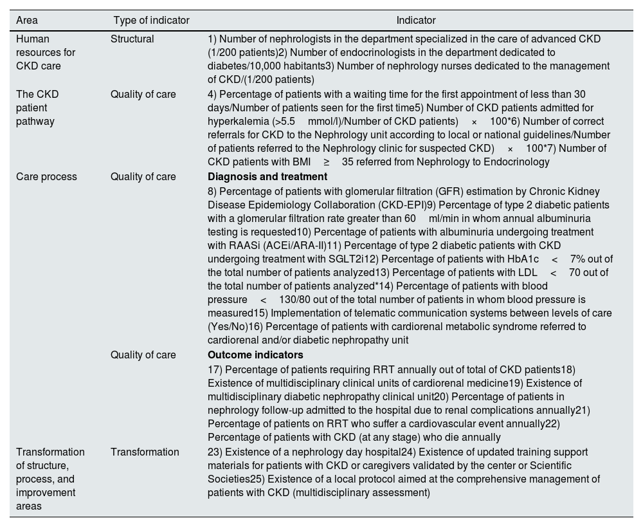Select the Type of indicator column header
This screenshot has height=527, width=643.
click(151, 21)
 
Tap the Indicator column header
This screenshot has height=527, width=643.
click(416, 21)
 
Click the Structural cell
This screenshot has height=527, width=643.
click(132, 39)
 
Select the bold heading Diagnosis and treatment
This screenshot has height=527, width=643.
click(267, 177)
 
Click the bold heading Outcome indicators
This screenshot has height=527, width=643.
click(255, 355)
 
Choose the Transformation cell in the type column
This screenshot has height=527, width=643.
click(145, 452)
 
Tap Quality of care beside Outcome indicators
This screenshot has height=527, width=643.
click(143, 355)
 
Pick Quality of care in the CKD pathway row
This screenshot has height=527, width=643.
click(143, 95)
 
